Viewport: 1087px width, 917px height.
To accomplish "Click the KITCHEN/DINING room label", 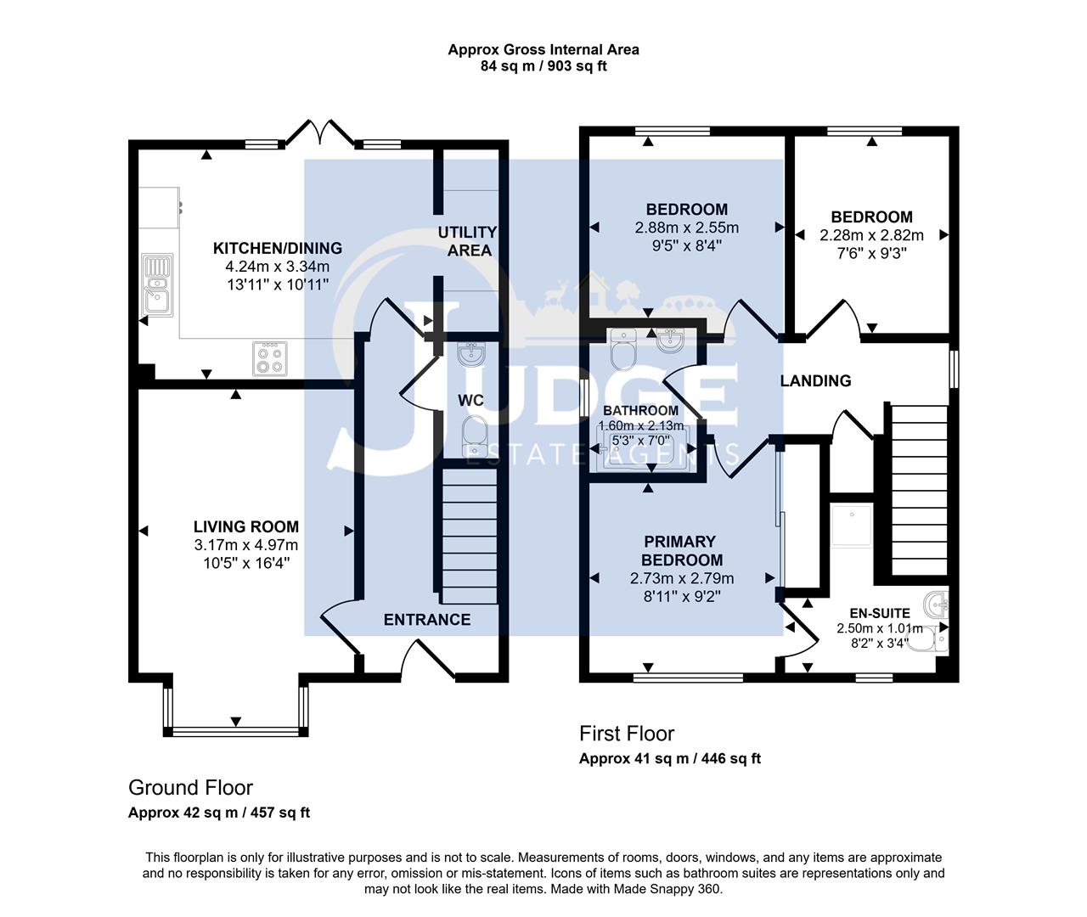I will (277, 249).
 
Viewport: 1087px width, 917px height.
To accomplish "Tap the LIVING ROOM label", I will (245, 526).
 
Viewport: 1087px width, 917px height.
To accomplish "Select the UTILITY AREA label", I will (468, 241).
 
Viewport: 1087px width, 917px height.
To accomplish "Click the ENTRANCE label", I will (426, 620).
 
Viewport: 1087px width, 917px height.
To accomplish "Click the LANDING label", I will (815, 381).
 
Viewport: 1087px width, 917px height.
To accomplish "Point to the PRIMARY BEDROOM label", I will (681, 550).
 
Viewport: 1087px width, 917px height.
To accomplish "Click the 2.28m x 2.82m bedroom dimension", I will (871, 235).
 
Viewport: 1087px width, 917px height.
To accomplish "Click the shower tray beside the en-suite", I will (850, 526).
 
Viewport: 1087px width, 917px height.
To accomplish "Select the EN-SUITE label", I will (879, 613).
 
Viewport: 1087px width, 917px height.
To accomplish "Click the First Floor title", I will (626, 734).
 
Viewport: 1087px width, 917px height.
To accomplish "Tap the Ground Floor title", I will (190, 788).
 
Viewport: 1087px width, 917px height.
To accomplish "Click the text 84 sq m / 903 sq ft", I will (543, 65).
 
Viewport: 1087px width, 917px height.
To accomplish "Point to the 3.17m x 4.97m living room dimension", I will (245, 545).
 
